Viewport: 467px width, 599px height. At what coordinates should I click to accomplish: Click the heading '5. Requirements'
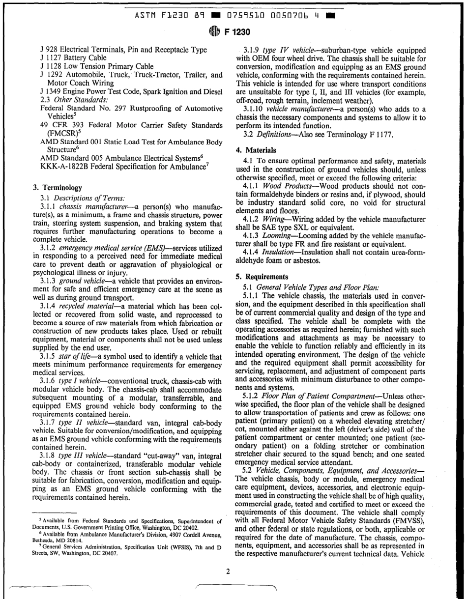point(261,276)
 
